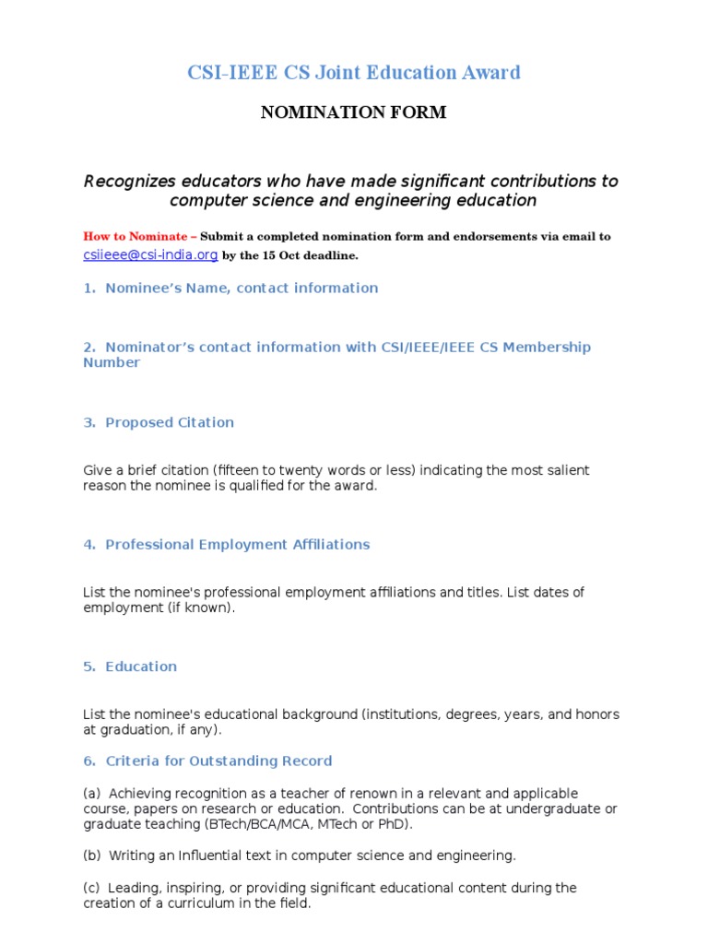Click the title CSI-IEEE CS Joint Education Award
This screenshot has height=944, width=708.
354,73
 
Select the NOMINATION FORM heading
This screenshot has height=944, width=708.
354,112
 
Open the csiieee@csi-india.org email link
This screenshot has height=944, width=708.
150,254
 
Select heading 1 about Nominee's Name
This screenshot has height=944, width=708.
230,288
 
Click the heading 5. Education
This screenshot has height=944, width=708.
130,666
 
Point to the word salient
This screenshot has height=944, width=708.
568,470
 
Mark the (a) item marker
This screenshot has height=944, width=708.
91,793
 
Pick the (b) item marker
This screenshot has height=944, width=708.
91,855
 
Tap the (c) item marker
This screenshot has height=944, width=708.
91,888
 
